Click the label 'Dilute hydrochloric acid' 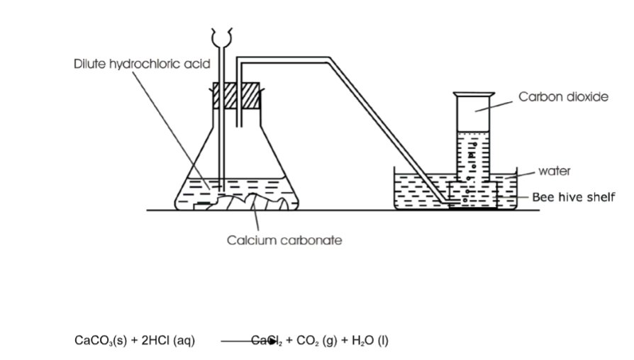(x=142, y=64)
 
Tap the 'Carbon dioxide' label (x=563, y=96)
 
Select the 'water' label (x=555, y=171)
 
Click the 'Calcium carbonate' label (x=284, y=240)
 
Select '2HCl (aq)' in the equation (x=168, y=341)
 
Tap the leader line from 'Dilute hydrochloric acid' (x=170, y=128)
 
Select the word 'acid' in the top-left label (x=196, y=64)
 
